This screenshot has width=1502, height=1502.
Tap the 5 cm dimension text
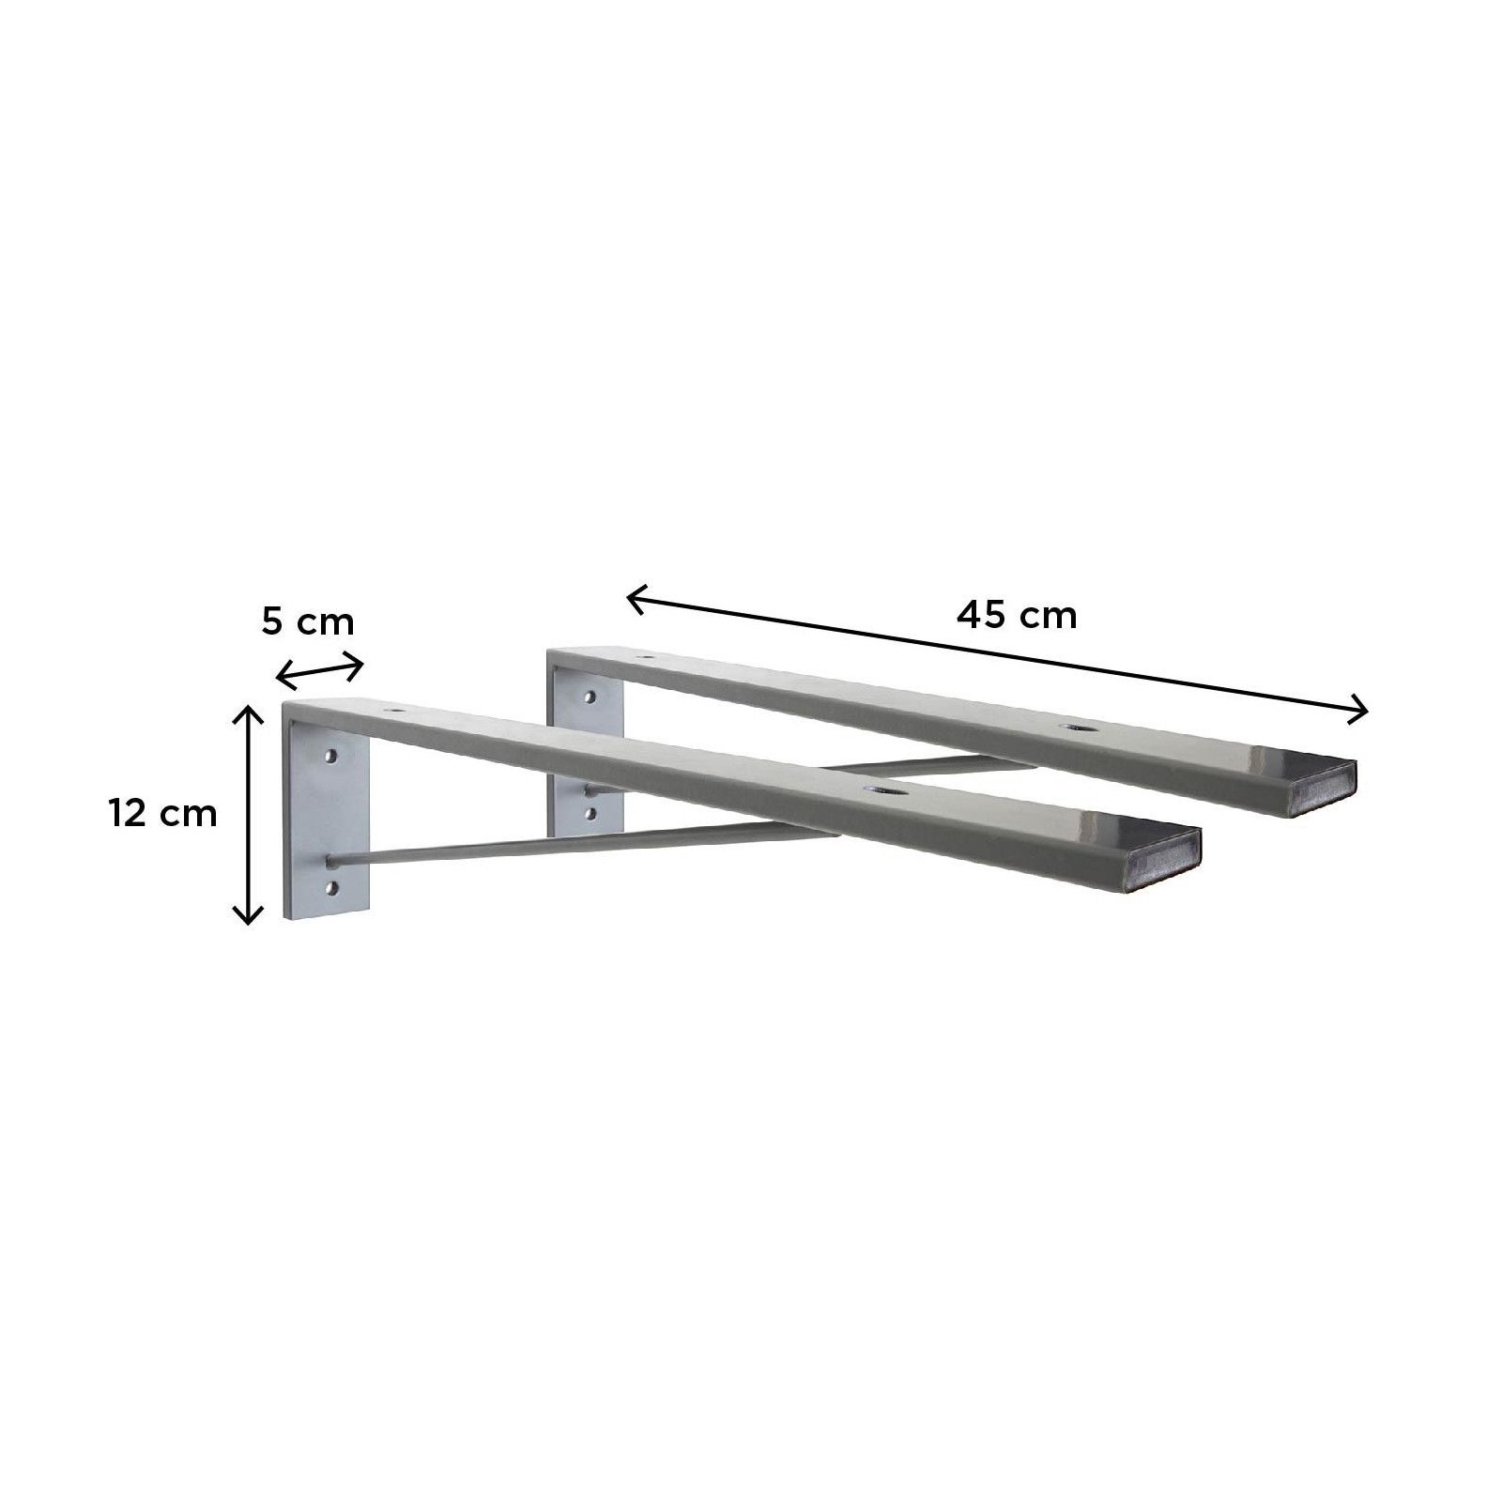click(x=308, y=622)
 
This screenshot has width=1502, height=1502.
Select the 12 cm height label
click(x=162, y=813)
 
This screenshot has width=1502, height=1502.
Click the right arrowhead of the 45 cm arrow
click(x=1361, y=712)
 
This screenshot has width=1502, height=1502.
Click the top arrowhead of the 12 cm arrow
click(x=247, y=713)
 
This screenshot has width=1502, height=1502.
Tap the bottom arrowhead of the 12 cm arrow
click(x=247, y=916)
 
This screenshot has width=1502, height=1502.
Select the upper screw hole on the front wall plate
click(x=330, y=755)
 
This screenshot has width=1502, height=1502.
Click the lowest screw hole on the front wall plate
click(x=330, y=885)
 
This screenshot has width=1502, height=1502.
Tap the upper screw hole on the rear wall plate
click(x=590, y=697)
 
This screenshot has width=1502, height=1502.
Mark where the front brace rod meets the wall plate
click(x=331, y=858)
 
